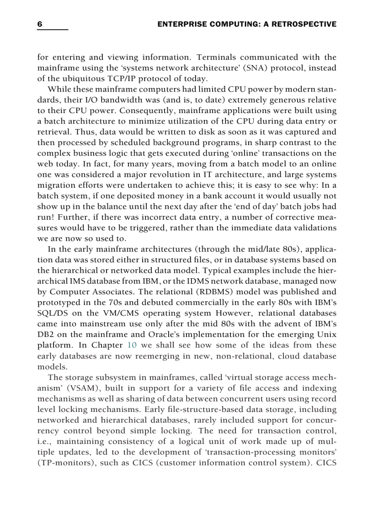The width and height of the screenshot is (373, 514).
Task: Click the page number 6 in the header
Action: click(x=40, y=24)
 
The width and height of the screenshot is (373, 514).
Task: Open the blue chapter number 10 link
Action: click(x=132, y=345)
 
